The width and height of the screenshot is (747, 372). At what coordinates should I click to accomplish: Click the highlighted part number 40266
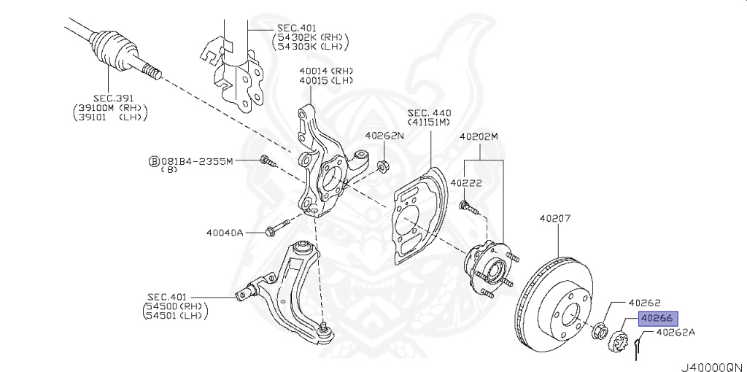pyautogui.click(x=657, y=318)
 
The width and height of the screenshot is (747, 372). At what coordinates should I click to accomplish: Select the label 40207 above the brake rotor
pyautogui.click(x=555, y=219)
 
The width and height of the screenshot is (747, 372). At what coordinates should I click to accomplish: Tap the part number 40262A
pyautogui.click(x=676, y=333)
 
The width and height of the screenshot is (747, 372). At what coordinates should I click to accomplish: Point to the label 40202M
pyautogui.click(x=479, y=136)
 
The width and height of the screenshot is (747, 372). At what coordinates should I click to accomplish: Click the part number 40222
pyautogui.click(x=466, y=183)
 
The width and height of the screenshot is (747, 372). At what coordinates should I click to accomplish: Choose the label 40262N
pyautogui.click(x=385, y=136)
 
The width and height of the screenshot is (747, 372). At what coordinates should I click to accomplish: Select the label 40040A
pyautogui.click(x=225, y=233)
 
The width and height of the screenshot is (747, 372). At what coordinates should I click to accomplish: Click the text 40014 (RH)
pyautogui.click(x=326, y=71)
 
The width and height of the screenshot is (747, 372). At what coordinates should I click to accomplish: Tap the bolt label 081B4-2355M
pyautogui.click(x=196, y=161)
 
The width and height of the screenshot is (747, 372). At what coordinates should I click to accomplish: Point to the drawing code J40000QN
pyautogui.click(x=713, y=367)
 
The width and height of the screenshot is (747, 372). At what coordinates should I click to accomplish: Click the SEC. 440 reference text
pyautogui.click(x=429, y=113)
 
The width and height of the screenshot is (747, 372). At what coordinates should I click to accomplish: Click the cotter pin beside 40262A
pyautogui.click(x=638, y=347)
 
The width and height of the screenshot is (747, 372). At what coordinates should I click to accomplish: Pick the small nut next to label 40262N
pyautogui.click(x=382, y=166)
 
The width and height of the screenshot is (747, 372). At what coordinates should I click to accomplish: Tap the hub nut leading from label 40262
pyautogui.click(x=600, y=330)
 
